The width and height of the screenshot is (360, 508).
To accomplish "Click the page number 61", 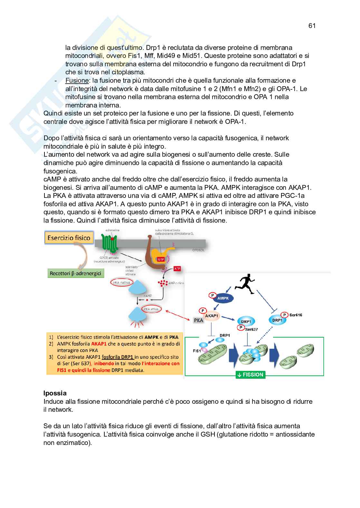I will click(312, 26).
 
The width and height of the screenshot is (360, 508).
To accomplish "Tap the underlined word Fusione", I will click(77, 80).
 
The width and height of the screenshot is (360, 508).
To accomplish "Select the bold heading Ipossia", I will click(55, 393).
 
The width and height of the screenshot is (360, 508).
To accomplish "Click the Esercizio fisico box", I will click(69, 238).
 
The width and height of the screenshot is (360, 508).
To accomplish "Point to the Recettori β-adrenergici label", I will click(76, 273).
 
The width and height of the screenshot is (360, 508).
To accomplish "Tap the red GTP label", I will click(161, 259).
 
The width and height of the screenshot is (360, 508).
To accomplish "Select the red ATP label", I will click(177, 268).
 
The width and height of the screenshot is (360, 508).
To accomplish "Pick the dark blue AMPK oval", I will click(223, 298).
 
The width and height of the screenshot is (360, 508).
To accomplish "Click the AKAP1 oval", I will click(212, 316).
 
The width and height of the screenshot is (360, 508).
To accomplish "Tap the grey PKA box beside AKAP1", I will click(198, 320).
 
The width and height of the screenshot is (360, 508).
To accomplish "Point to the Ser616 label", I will click(296, 315).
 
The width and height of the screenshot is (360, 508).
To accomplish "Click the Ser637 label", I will click(251, 329).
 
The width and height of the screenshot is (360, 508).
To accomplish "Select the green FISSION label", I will click(251, 374).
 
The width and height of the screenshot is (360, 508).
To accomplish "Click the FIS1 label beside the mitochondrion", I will click(196, 351).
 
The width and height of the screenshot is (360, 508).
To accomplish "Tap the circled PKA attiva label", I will click(151, 309).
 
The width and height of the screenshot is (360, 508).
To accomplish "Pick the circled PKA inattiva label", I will click(121, 282).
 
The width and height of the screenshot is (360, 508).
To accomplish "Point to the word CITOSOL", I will click(198, 250).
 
